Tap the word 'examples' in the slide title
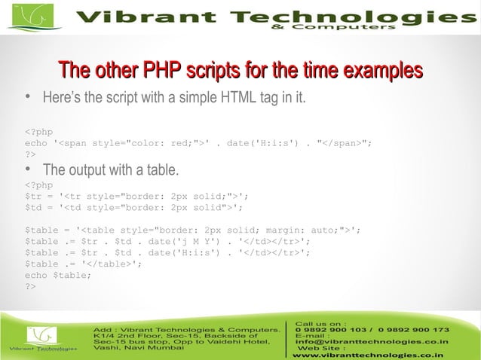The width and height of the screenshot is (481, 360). (x=381, y=72)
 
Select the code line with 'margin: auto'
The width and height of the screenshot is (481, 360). (x=193, y=229)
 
